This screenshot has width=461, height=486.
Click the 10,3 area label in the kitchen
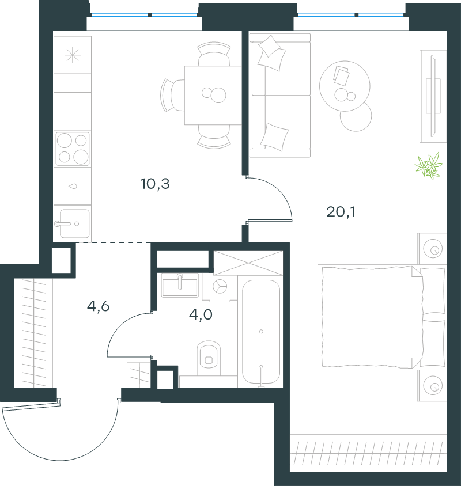(x=155, y=184)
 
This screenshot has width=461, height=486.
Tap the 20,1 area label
(x=341, y=212)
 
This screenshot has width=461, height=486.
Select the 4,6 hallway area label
(x=98, y=306)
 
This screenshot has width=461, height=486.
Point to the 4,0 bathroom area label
(x=201, y=314)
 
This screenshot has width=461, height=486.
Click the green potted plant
(x=429, y=165)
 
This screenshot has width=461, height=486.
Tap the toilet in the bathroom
(x=209, y=358)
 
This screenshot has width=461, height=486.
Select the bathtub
(x=261, y=332)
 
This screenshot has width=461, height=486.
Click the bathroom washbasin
(x=180, y=285)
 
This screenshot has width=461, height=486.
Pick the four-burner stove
(x=73, y=149)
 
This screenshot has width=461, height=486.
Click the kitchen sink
(x=74, y=223)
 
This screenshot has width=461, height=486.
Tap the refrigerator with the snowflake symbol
(x=72, y=55)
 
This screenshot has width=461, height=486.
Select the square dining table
(x=213, y=95)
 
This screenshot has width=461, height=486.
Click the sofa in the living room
(x=280, y=96)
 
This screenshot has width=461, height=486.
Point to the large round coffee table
(x=345, y=86)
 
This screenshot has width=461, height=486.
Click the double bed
(x=382, y=317)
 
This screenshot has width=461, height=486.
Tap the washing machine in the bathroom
(x=220, y=287)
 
